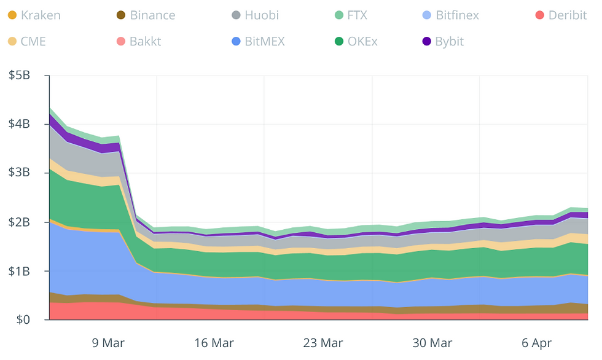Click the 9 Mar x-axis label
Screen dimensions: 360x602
click(108, 343)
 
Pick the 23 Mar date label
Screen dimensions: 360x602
click(322, 343)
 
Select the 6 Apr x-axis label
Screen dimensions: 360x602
click(537, 343)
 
